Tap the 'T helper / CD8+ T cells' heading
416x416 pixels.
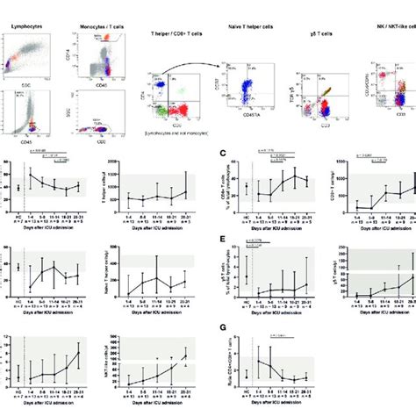tap(176, 30)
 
